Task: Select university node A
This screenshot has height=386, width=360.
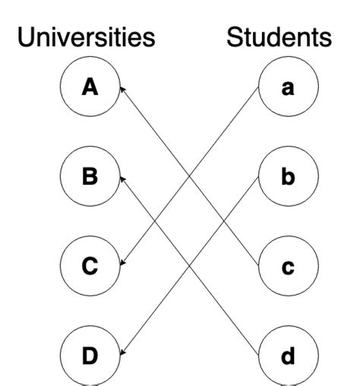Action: tap(90, 89)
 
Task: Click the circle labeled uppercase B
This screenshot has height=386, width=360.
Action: tap(90, 178)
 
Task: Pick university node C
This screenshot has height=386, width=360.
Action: tap(90, 266)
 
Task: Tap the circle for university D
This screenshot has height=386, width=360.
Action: tap(90, 354)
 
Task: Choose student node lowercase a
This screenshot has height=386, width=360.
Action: tap(288, 89)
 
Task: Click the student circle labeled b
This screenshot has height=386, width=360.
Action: tap(288, 178)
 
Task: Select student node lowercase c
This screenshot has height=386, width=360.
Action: tap(288, 266)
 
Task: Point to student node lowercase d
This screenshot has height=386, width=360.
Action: tap(288, 354)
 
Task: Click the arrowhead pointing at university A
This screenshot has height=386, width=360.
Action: tap(122, 90)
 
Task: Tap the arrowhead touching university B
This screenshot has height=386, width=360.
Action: tap(122, 179)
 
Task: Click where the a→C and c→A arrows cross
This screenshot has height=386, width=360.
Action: tap(190, 178)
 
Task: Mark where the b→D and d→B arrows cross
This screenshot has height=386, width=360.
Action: tap(190, 266)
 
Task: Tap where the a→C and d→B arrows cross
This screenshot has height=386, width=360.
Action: tap(156, 222)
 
